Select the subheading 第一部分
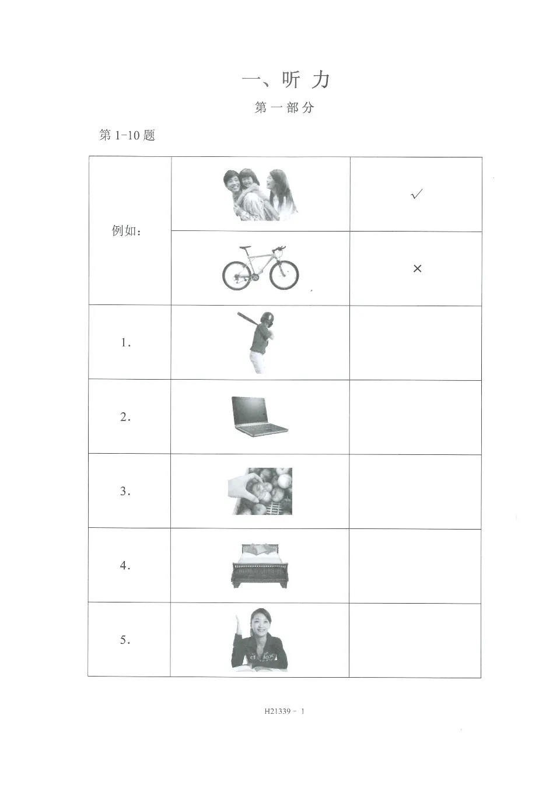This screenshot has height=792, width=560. coord(284,108)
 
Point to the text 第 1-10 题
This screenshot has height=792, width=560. coord(127,135)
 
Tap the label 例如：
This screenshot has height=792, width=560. coord(127,231)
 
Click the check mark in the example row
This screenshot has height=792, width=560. coord(416,194)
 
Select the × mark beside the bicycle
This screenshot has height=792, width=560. coord(417,268)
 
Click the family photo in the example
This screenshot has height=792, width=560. coord(260,195)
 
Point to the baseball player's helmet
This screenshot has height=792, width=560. coord(267,318)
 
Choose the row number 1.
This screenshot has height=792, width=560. coord(125,343)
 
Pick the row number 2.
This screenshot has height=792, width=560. coord(125,417)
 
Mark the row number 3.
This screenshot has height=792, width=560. coord(125,491)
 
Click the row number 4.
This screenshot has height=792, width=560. coord(125,565)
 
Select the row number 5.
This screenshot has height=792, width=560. coord(125,640)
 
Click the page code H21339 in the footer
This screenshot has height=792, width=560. coord(278,711)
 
